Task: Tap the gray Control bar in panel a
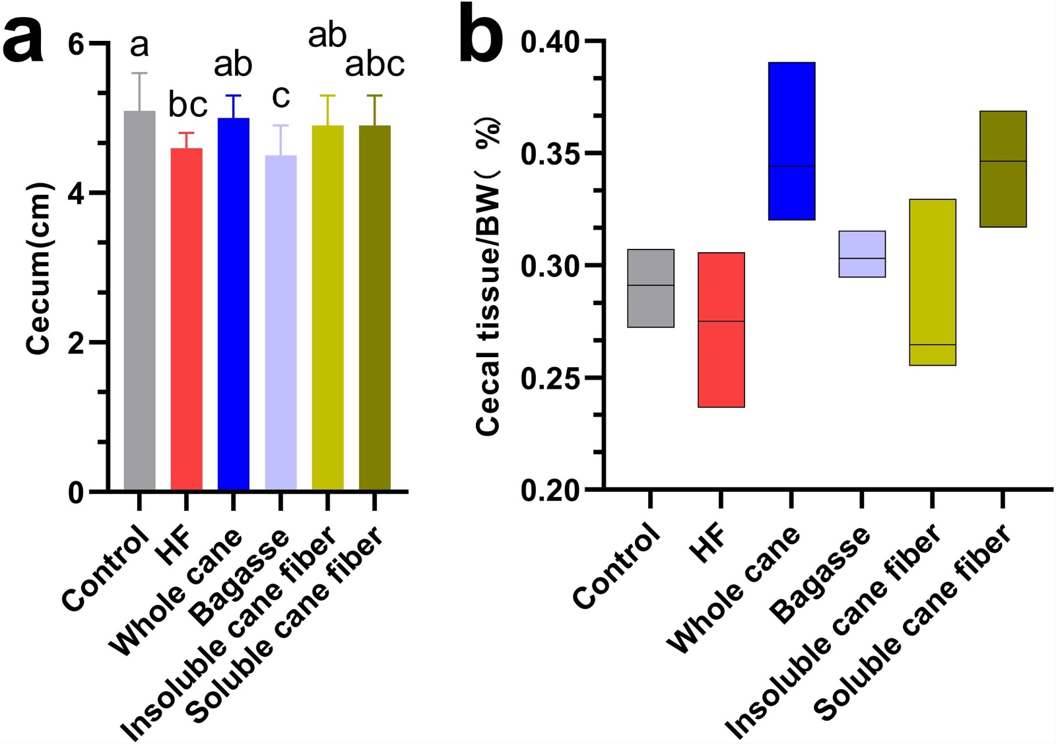pos(139,300)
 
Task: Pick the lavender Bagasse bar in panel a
pos(280,323)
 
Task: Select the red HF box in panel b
pos(721,329)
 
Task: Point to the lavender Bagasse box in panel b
pos(861,254)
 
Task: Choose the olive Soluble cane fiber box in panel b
pos(1003,169)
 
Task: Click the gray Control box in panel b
pos(650,288)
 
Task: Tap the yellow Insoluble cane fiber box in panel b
pos(932,282)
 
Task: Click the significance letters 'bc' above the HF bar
pos(187,104)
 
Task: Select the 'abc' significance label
pos(375,65)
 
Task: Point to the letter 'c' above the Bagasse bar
pos(280,96)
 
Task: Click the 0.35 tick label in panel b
pos(549,154)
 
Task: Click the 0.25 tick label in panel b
pos(549,378)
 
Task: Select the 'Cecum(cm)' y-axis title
pos(38,268)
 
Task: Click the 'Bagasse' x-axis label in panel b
pos(822,574)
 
